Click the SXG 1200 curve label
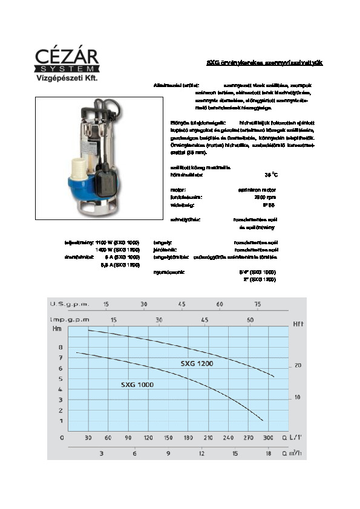(197, 364)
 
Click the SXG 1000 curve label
(137, 385)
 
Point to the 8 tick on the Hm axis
(60, 348)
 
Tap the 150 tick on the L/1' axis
(168, 436)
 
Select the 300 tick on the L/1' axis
(269, 436)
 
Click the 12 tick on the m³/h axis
(201, 452)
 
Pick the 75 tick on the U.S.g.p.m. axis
(258, 304)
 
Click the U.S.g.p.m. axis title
(70, 304)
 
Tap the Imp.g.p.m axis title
(70, 319)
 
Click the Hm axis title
(57, 328)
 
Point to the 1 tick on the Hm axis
(60, 421)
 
